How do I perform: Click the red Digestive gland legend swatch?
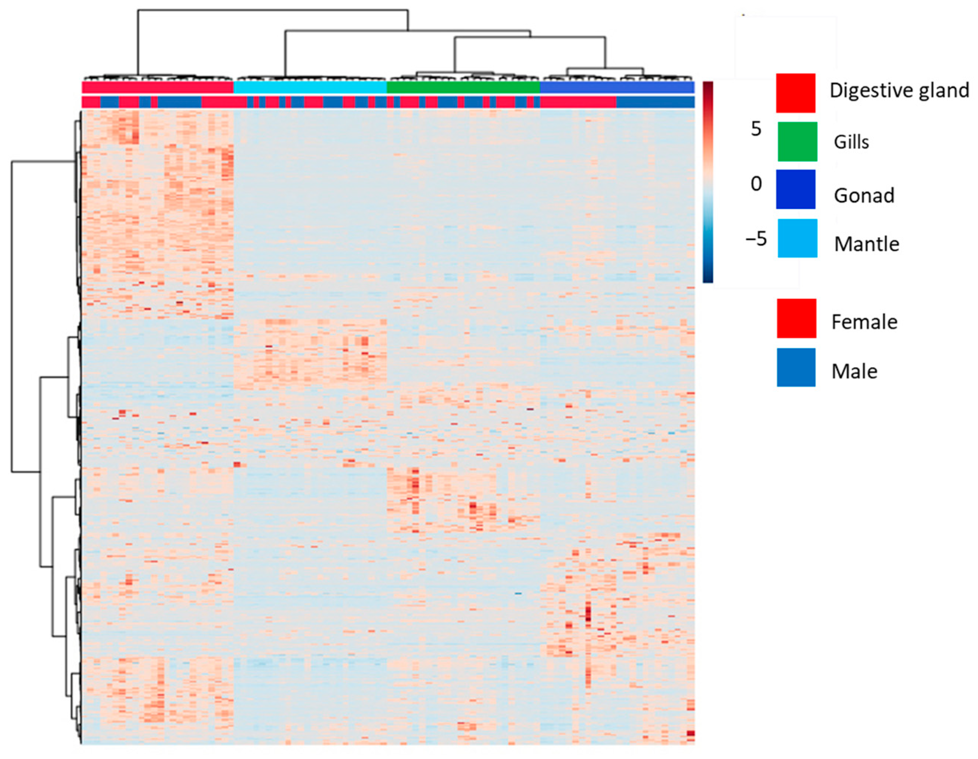[795, 93]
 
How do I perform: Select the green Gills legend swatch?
[797, 142]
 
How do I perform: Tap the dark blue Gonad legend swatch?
[795, 189]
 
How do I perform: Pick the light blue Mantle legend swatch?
[797, 238]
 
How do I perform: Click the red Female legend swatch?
[796, 318]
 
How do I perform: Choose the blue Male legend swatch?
[796, 367]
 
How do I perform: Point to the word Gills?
[851, 142]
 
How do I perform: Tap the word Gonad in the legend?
[864, 195]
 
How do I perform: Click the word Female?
[864, 322]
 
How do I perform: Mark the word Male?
[854, 372]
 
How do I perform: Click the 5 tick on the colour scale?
[756, 129]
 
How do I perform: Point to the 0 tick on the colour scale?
[756, 184]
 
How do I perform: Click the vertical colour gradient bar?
[707, 181]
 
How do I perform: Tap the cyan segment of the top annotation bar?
[310, 87]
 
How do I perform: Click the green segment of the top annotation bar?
[463, 87]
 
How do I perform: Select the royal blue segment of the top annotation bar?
[617, 87]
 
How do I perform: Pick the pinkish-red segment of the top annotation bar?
[158, 87]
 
